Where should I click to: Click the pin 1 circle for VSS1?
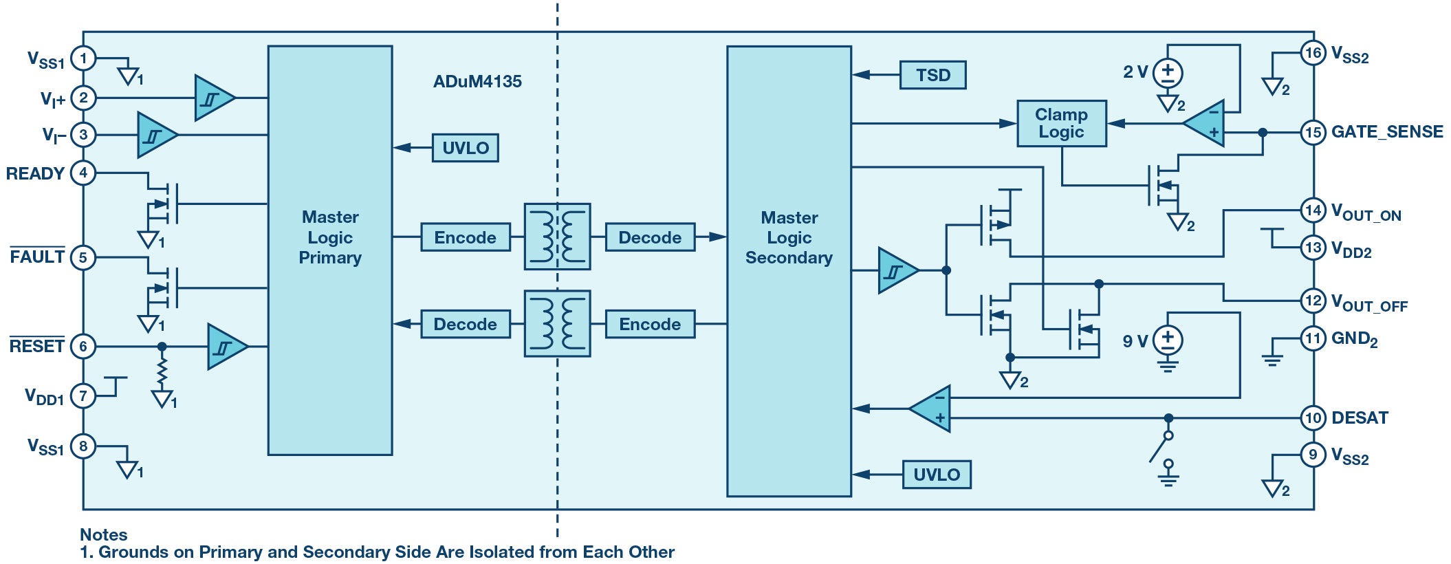click(83, 58)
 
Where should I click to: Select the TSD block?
click(932, 75)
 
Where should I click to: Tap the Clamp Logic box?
click(1061, 124)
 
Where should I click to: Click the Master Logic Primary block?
click(330, 250)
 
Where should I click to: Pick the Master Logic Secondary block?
click(789, 271)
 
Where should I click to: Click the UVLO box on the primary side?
click(465, 148)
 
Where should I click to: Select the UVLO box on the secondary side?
click(936, 475)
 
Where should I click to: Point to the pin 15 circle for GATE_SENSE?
click(1313, 132)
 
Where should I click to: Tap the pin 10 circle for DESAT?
click(1313, 417)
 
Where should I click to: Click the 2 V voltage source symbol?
click(1168, 73)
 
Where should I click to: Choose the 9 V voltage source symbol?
click(1168, 340)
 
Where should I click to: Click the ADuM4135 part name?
click(477, 82)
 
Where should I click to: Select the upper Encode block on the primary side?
click(466, 237)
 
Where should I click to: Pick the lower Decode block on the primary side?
click(466, 324)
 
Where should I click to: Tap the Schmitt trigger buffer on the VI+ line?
click(213, 98)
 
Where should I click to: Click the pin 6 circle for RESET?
click(83, 346)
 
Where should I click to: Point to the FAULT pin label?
click(37, 257)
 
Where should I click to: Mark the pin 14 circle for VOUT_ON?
click(1313, 210)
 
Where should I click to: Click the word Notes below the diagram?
click(103, 534)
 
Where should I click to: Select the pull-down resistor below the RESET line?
click(162, 372)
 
